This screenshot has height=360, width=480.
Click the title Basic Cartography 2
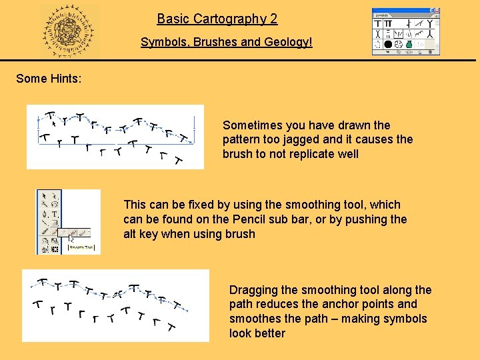tap(217, 19)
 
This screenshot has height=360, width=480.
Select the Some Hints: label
tap(49, 79)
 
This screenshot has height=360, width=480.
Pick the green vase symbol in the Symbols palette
tap(409, 45)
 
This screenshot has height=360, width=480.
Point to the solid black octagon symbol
tap(388, 45)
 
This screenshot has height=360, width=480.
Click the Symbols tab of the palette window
tap(382, 15)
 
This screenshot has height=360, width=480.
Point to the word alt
tap(131, 234)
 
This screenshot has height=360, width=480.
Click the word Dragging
tap(253, 290)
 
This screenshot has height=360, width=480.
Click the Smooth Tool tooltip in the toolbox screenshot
tap(81, 247)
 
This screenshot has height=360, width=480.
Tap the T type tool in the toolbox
tap(54, 214)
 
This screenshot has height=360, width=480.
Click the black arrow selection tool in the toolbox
tap(44, 196)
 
